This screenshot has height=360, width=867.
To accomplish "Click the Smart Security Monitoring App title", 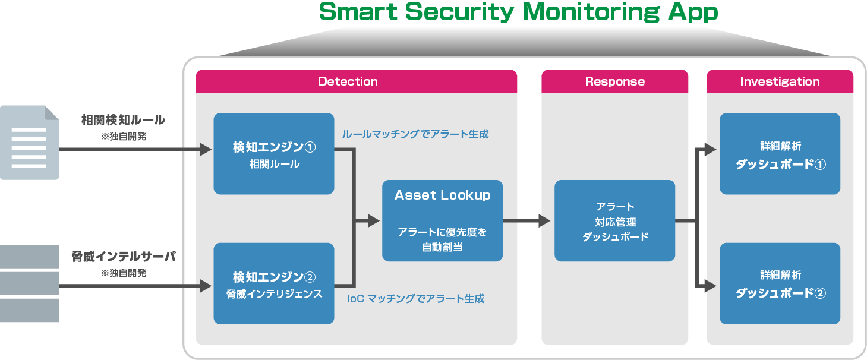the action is pos(518,12).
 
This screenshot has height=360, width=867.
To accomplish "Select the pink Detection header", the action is pos(356,81).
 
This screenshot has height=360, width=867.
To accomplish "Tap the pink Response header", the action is pos(614,81).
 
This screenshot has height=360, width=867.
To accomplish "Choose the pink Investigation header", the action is pos(780,81).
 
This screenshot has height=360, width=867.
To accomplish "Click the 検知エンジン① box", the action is pos(273,154).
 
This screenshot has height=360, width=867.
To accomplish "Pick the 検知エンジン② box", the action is pos(273,283).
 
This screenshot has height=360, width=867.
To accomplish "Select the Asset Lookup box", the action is pos(442,220).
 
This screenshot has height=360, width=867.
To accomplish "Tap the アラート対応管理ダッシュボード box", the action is pos(614,220).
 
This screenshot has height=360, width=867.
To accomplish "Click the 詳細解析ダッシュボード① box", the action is pos(780,154).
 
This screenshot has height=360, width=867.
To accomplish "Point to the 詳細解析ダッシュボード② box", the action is pos(780,283).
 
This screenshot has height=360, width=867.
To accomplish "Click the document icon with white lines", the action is pos(30,143).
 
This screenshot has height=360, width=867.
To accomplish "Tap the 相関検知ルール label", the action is pos(123,120).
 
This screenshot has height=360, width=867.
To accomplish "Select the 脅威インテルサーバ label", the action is pos(124,256).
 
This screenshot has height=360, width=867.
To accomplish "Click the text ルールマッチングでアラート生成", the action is pos(415,134).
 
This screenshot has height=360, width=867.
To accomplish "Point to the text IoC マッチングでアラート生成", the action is pos(416,298).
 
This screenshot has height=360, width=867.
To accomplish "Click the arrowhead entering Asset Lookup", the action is pos(374,220).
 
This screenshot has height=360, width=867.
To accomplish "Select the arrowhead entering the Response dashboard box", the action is pos(544,220).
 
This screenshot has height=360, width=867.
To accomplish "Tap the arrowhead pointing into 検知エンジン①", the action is pos(206,150).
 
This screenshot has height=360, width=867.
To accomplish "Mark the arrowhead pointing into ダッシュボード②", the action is pos(711,286).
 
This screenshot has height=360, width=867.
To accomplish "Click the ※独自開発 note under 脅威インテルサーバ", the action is pos(124,273).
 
